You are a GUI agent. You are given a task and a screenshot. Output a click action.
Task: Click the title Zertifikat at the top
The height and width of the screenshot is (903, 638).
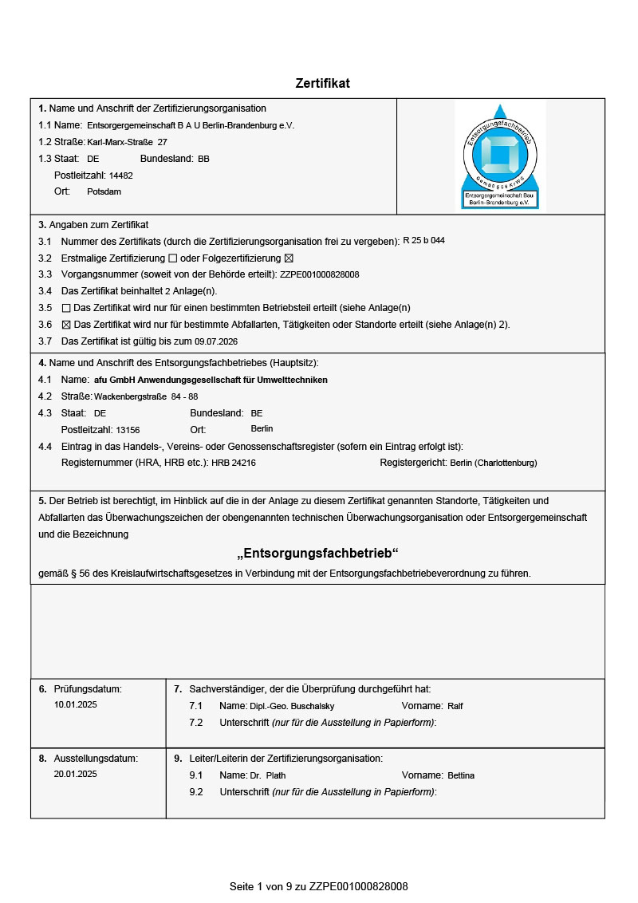(322, 83)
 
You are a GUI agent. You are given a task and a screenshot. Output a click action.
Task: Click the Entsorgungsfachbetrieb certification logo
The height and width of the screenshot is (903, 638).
(501, 156)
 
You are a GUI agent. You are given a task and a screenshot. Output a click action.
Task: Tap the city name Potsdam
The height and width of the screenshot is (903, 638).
(104, 191)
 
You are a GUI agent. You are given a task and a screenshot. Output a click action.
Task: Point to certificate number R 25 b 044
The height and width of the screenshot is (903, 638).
(424, 240)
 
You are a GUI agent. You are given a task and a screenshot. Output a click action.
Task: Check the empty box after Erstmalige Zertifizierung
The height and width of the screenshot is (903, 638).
(172, 258)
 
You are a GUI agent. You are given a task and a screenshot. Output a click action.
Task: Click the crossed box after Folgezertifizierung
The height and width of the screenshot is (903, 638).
(289, 258)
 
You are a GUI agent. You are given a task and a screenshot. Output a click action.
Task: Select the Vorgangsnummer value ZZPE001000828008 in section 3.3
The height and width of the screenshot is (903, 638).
(320, 274)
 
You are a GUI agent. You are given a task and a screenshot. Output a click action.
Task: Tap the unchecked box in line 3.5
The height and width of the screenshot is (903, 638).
(66, 308)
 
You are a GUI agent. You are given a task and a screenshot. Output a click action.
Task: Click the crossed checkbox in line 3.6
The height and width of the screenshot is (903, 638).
(66, 325)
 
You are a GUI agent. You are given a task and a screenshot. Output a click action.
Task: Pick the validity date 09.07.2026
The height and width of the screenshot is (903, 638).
(216, 341)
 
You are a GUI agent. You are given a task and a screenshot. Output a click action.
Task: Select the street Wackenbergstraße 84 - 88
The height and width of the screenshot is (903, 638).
(146, 396)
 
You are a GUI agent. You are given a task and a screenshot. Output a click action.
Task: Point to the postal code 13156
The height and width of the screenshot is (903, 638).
(128, 430)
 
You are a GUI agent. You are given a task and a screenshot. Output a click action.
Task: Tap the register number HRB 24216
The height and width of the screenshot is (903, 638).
(234, 463)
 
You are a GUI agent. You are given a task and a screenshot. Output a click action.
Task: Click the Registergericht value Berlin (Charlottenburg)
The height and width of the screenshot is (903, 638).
(494, 463)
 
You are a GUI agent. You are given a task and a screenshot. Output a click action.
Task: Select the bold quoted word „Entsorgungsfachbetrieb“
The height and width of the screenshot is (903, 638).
(318, 554)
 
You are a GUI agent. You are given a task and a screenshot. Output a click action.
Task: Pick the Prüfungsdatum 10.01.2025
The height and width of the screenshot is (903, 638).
(76, 705)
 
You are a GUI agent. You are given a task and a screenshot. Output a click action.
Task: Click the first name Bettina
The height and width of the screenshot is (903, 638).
(461, 775)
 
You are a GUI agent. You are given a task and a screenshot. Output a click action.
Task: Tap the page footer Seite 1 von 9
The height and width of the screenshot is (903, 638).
(318, 886)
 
